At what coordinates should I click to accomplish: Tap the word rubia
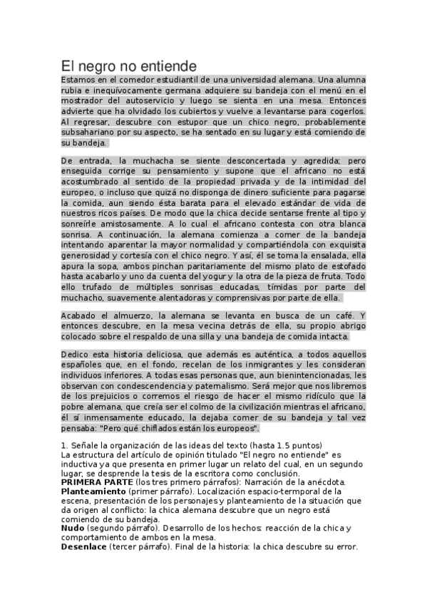(x=73, y=90)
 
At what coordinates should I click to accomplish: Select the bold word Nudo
(x=73, y=528)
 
